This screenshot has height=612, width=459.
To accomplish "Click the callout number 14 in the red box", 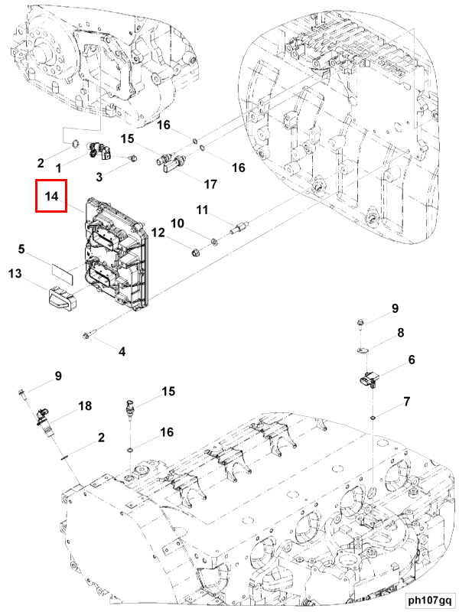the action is (51, 197).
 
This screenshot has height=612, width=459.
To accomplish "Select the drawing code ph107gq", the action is (430, 601).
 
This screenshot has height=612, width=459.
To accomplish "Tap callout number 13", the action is (15, 274).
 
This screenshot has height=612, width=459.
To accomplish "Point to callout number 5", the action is (21, 249).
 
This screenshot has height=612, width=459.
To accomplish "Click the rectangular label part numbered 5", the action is (63, 270).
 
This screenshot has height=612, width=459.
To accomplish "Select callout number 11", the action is (202, 210).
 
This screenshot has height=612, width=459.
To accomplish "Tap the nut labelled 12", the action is (195, 253).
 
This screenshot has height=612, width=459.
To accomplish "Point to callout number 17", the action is (210, 184).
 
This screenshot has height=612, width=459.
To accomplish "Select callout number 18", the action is (85, 405).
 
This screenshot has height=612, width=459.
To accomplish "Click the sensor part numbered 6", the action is (368, 379).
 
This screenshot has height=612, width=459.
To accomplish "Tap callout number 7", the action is (407, 401).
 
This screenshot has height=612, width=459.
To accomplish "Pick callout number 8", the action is (400, 333).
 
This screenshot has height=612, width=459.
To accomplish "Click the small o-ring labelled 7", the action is (373, 418).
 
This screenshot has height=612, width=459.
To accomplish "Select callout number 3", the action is (99, 177).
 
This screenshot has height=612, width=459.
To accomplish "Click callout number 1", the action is (59, 168).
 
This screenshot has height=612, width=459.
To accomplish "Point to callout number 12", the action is (158, 233).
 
